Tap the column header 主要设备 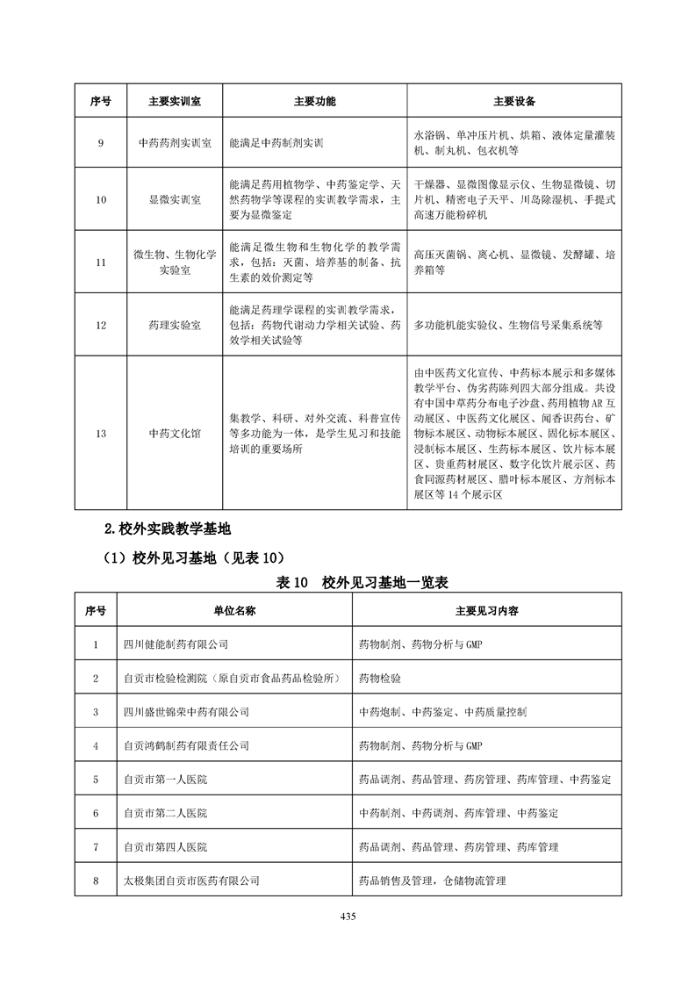tap(514, 101)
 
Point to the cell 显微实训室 tap(175, 199)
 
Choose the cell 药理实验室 tap(175, 325)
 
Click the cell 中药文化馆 tap(175, 433)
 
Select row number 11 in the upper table tap(100, 262)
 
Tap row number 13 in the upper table tap(100, 433)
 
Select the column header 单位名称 tap(234, 610)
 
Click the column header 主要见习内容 tap(486, 610)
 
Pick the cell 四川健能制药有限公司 tap(176, 643)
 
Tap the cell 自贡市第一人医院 tap(166, 779)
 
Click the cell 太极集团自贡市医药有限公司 tap(192, 880)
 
